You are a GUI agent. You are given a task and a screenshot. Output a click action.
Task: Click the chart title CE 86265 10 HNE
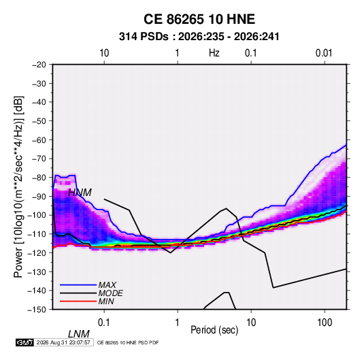pyautogui.click(x=199, y=19)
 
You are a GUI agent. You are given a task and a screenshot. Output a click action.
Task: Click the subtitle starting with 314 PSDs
pyautogui.click(x=199, y=37)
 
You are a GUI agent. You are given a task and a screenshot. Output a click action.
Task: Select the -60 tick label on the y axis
pyautogui.click(x=39, y=140)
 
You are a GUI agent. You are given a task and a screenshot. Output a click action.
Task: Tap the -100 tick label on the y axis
pyautogui.click(x=37, y=215)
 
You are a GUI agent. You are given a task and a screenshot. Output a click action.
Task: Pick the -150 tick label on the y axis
pyautogui.click(x=37, y=310)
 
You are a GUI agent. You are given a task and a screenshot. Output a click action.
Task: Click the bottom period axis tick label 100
pyautogui.click(x=324, y=322)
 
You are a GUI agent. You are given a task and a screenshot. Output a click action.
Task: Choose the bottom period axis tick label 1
pyautogui.click(x=177, y=322)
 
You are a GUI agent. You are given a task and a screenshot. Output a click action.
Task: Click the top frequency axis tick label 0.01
pyautogui.click(x=324, y=53)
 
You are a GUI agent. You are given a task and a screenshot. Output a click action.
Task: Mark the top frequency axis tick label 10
pyautogui.click(x=104, y=53)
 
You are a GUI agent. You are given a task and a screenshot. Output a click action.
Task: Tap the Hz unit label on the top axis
pyautogui.click(x=214, y=53)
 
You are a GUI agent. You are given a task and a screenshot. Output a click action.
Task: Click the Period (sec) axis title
pyautogui.click(x=214, y=330)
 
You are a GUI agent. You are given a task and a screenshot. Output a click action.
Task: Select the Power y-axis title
pyautogui.click(x=18, y=186)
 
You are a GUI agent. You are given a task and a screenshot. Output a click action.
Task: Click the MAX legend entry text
pyautogui.click(x=107, y=284)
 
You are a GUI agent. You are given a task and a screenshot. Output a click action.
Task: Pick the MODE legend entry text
pyautogui.click(x=110, y=293)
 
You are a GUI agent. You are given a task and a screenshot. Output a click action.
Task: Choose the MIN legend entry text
pyautogui.click(x=106, y=301)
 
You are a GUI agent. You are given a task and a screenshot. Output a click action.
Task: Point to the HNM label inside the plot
pyautogui.click(x=80, y=193)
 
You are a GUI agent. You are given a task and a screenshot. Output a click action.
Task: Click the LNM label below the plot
pyautogui.click(x=79, y=334)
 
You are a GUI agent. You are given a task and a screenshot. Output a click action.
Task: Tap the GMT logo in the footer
pyautogui.click(x=24, y=342)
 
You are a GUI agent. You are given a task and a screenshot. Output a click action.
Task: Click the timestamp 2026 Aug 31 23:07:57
pyautogui.click(x=63, y=342)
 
